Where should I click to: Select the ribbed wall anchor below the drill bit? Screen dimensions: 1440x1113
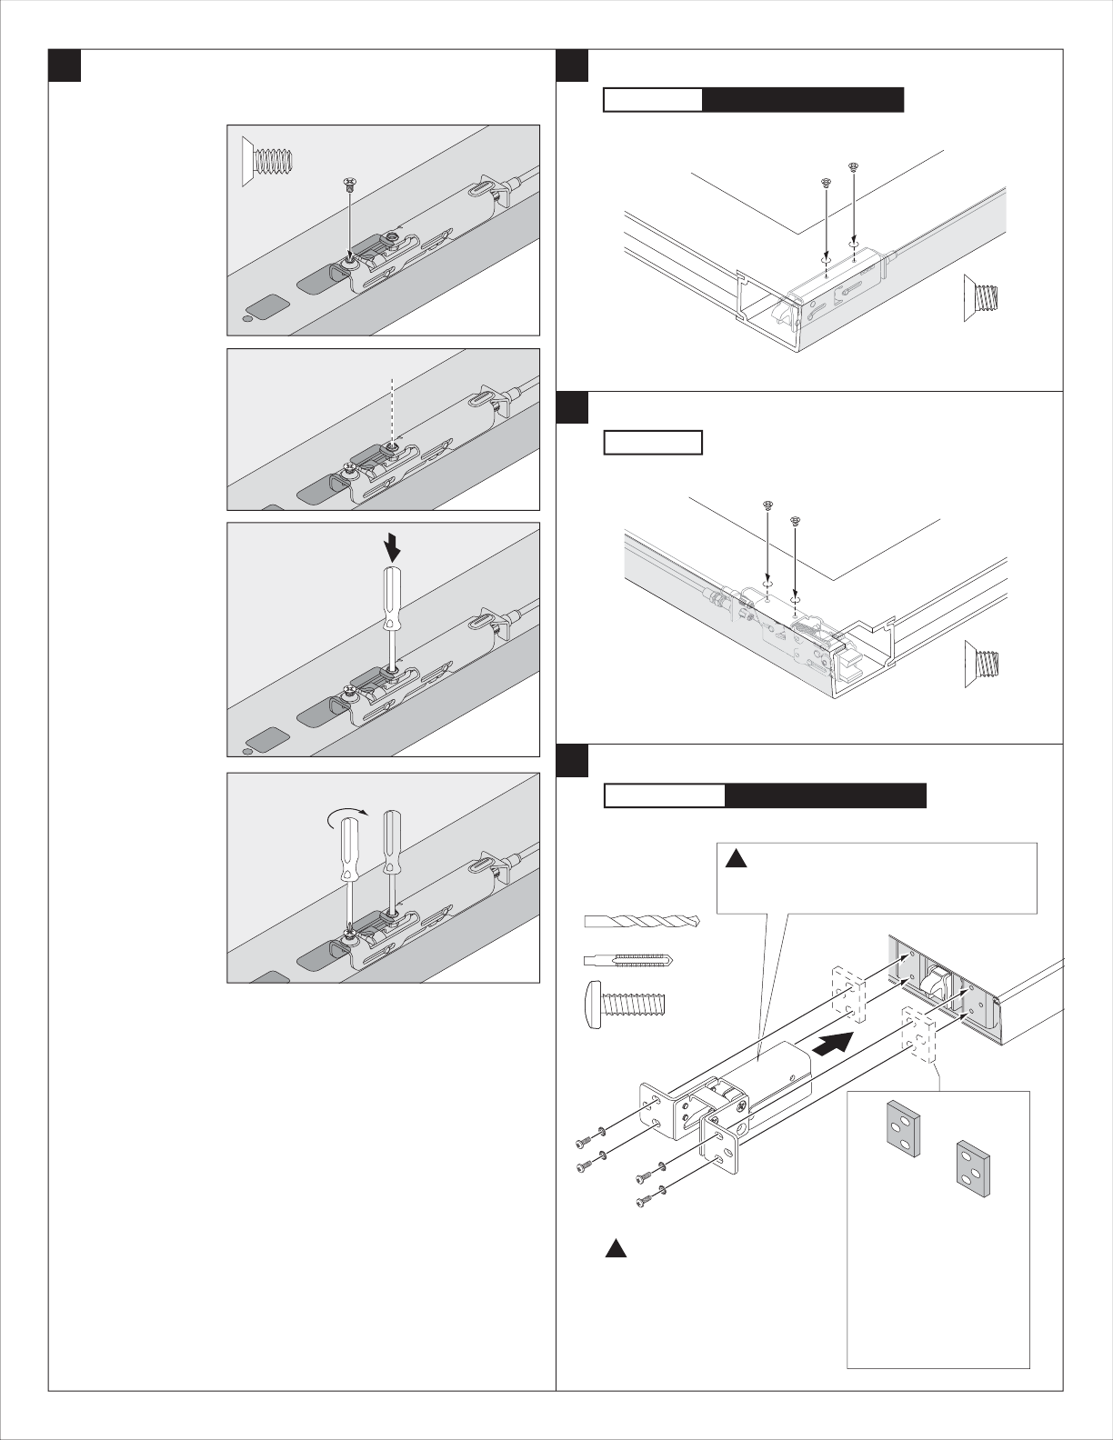coord(628,959)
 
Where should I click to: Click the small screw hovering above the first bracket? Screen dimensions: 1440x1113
coord(349,184)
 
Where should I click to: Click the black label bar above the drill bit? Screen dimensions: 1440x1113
coord(826,795)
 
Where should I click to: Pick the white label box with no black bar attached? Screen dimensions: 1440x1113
coord(654,443)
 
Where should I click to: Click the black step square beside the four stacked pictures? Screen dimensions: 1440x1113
coord(65,65)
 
